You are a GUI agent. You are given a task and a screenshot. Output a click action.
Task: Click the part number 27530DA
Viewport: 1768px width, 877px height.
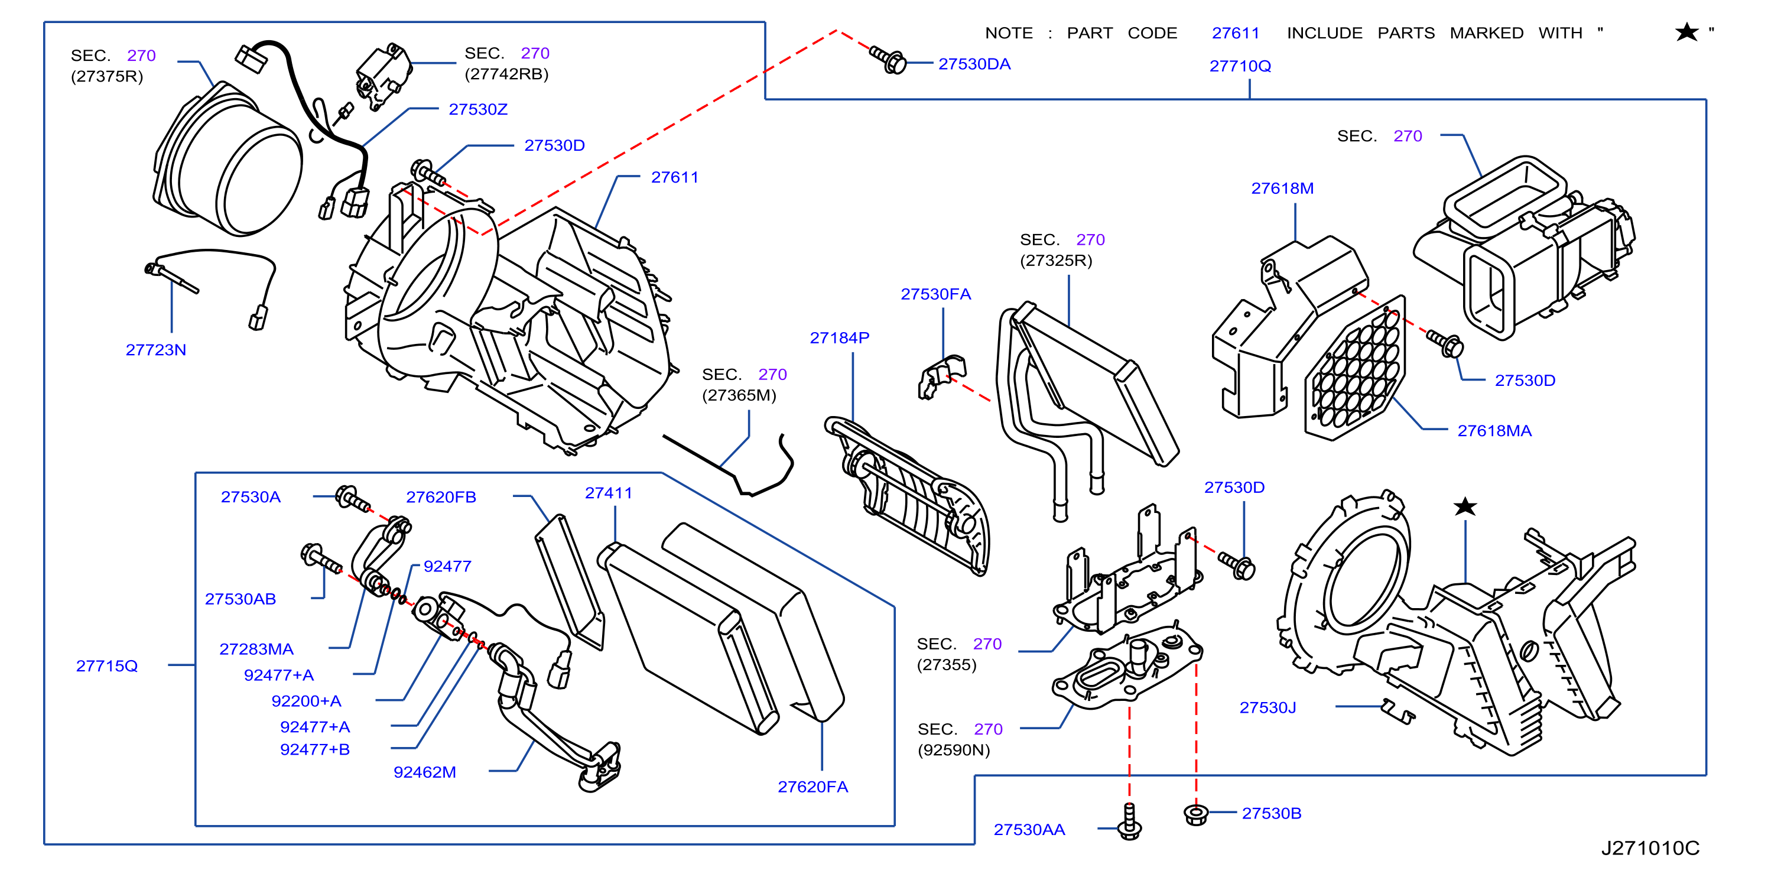[x=974, y=64]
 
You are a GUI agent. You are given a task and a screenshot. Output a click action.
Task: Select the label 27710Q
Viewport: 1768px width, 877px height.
[x=1240, y=66]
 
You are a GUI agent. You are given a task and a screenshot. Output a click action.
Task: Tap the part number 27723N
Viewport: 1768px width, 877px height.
[x=156, y=350]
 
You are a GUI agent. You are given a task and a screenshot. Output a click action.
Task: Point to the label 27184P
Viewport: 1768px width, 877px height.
[x=840, y=337]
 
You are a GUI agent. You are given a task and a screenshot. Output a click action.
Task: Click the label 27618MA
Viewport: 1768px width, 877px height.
[x=1494, y=431]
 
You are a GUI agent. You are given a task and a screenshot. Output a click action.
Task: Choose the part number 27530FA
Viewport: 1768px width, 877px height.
[x=935, y=294]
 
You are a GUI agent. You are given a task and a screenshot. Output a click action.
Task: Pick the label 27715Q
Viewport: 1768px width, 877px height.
[x=107, y=665]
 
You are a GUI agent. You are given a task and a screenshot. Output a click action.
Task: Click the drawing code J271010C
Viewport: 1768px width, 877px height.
[x=1650, y=848]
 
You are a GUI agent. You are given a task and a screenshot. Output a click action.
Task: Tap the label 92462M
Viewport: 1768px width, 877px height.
[x=425, y=772]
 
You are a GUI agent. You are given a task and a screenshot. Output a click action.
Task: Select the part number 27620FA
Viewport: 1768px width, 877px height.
[x=812, y=787]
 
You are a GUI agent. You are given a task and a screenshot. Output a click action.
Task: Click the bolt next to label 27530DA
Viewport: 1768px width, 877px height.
[x=889, y=60]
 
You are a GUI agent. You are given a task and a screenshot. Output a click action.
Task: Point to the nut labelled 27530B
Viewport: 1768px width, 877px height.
[x=1195, y=814]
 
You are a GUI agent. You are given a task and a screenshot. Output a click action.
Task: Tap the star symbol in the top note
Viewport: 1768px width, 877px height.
[x=1686, y=33]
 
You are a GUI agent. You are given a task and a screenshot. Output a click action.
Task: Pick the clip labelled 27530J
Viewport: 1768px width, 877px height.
[x=1397, y=711]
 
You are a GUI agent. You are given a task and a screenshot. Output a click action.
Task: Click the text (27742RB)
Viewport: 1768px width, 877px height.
[x=506, y=74]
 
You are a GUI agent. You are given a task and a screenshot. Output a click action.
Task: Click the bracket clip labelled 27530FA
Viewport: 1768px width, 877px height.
[x=942, y=376]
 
